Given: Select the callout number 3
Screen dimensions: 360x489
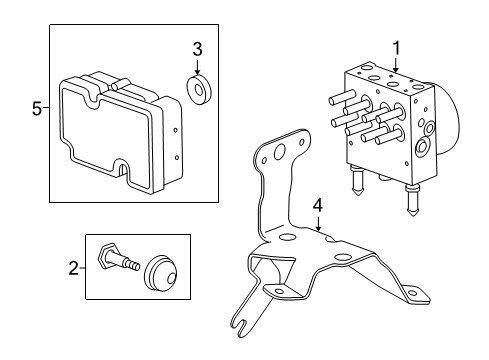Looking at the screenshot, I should pyautogui.click(x=197, y=49).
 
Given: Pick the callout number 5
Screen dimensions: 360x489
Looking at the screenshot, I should pyautogui.click(x=38, y=109).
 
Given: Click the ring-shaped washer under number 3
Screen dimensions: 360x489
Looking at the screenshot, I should pyautogui.click(x=198, y=90).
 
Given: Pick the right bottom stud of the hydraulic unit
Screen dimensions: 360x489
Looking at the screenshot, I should pyautogui.click(x=410, y=211).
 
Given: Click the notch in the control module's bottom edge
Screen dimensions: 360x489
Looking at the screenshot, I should pyautogui.click(x=125, y=172).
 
